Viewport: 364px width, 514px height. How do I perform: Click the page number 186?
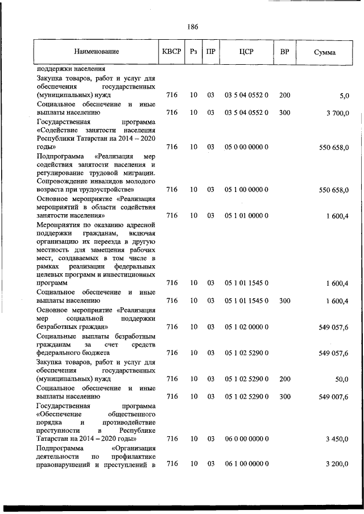point(191,27)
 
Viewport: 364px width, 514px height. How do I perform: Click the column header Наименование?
point(96,52)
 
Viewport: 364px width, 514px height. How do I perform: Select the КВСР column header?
point(171,52)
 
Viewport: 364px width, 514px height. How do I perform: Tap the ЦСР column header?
point(246,52)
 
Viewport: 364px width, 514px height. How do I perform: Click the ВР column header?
point(284,52)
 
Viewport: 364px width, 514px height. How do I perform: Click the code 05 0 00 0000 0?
point(246,147)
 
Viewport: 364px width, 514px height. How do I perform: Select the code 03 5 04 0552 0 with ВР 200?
point(246,96)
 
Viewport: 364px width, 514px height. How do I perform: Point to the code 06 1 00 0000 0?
point(246,465)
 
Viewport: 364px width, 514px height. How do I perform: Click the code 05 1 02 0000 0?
point(246,327)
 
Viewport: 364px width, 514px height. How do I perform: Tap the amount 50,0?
point(341,379)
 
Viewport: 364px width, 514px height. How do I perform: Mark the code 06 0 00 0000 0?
point(246,439)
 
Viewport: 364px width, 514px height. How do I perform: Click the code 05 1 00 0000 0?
point(246,190)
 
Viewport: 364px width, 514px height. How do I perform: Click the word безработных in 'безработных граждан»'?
point(56,327)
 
